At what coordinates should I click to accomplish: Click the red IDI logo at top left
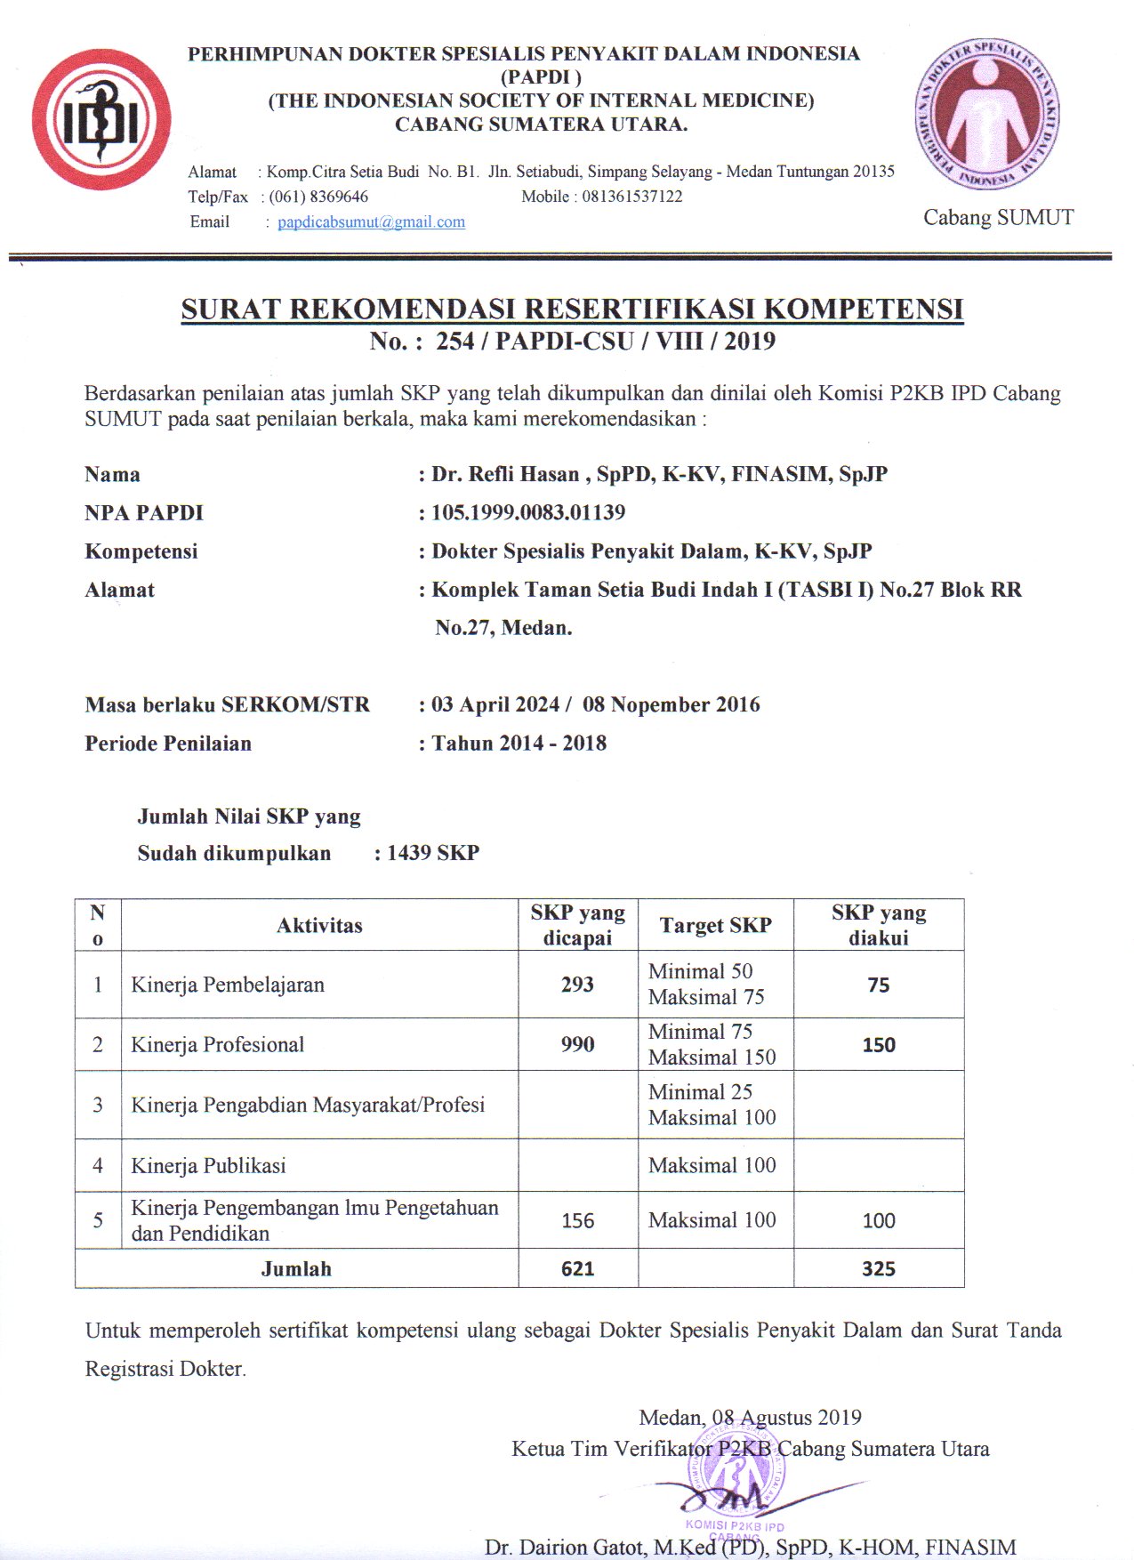coord(101,119)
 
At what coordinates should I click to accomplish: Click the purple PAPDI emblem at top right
coord(987,114)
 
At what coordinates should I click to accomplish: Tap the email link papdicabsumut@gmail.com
coord(371,221)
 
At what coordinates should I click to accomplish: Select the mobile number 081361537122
coord(632,197)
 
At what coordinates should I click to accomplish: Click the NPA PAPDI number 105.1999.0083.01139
coord(528,512)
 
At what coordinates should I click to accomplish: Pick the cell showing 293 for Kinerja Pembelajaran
coord(577,985)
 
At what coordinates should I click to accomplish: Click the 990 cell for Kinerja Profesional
coord(577,1044)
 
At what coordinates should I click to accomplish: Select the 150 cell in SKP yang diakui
coord(878,1045)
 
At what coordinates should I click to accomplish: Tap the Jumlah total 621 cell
coord(577,1268)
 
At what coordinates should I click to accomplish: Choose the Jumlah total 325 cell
coord(878,1268)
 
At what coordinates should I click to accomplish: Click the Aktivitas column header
coord(319,926)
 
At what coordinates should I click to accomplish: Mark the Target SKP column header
coord(715,926)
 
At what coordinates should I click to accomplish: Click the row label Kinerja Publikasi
coord(208,1165)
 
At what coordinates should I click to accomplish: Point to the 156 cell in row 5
coord(577,1220)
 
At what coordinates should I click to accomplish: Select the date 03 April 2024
coord(495,704)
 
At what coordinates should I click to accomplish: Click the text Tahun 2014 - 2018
coord(519,744)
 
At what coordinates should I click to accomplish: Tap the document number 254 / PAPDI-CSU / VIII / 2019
coord(605,341)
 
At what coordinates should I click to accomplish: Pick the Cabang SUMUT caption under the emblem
coord(998,218)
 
